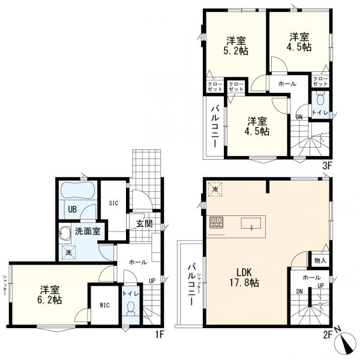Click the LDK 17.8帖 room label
245,277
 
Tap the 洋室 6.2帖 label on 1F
50,295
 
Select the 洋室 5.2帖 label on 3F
236,46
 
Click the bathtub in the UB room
77,190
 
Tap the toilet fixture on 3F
320,98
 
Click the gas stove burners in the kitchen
216,222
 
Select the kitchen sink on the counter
251,223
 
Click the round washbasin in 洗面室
65,234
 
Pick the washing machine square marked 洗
68,253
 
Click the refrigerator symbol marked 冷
215,190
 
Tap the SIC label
113,203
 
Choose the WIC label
104,305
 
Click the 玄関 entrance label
145,223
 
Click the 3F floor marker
327,166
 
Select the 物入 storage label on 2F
320,260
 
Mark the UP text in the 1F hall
152,281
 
